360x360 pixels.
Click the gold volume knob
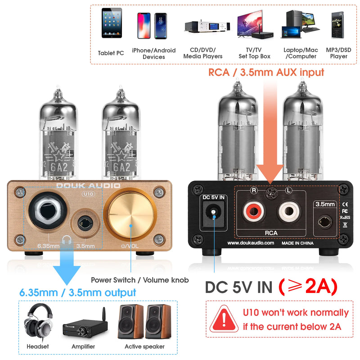click(x=130, y=216)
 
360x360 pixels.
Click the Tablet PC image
click(x=111, y=27)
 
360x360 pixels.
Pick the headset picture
click(x=38, y=322)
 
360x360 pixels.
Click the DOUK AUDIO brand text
click(x=88, y=185)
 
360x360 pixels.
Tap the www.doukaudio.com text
click(x=250, y=243)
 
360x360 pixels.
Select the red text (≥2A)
click(x=308, y=287)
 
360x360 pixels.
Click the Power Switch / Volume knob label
click(x=139, y=279)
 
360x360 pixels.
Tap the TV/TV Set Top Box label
click(x=254, y=53)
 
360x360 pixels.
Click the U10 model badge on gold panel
click(x=88, y=194)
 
